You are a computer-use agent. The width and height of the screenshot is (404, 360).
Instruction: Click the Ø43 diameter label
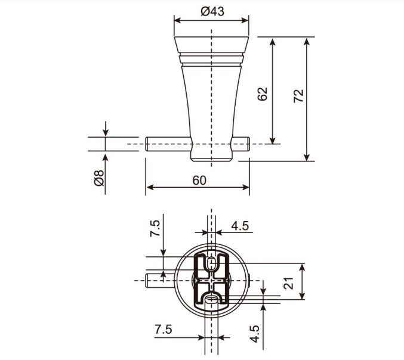pos(212,11)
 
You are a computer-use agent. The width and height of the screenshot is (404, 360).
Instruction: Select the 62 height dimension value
pos(263,94)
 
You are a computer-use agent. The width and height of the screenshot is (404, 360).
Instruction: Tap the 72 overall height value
pos(298,96)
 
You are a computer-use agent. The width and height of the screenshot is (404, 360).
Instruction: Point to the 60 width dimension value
pos(199,180)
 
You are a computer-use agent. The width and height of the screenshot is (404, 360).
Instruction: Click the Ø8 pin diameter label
pos(99,178)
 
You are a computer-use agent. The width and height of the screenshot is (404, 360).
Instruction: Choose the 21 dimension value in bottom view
pos(289,283)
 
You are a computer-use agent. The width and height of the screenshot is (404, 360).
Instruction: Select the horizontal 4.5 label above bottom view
pos(240,226)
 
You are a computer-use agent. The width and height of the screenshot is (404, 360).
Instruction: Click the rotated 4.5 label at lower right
pos(255,334)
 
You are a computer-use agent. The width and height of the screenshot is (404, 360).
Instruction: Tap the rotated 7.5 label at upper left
pos(155,228)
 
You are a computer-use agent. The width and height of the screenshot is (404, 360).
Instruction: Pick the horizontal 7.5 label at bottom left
pos(164,329)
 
